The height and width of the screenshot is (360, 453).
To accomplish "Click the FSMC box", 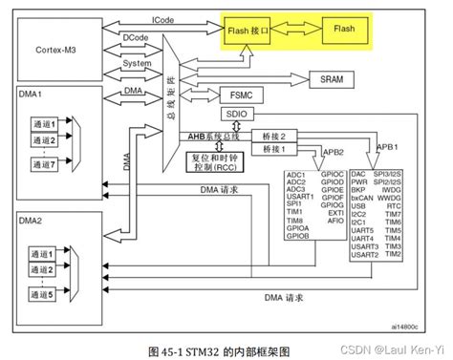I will click(x=241, y=95).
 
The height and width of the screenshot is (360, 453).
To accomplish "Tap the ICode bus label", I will click(x=163, y=18).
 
